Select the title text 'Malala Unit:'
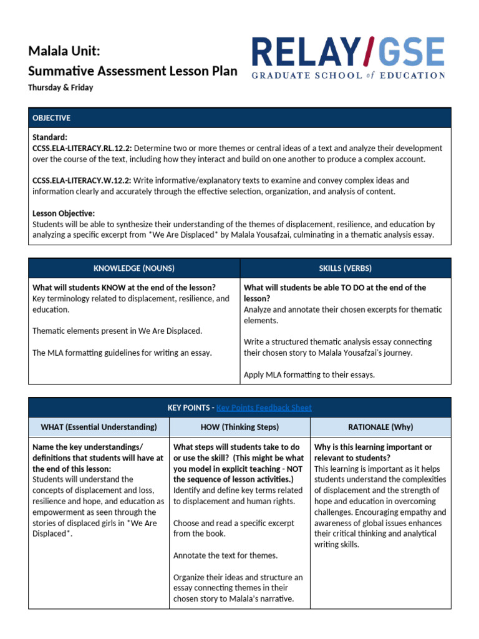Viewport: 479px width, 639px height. point(64,51)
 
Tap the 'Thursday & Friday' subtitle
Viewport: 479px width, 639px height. point(60,87)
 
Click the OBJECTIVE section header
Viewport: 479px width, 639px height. point(51,118)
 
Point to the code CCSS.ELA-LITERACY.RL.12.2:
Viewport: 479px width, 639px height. point(82,148)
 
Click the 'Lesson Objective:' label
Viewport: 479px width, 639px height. point(64,213)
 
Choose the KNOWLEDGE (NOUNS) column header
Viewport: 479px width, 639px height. point(134,268)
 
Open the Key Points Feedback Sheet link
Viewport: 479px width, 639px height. point(264,407)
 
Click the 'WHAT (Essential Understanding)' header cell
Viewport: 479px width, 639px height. point(99,427)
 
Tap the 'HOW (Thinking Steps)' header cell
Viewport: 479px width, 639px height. point(240,427)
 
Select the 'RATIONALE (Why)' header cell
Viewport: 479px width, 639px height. point(380,427)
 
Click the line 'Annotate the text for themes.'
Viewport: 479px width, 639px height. point(225,555)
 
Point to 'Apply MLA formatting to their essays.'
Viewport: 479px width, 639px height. point(309,375)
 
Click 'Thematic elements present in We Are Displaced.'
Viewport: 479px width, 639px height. point(117,331)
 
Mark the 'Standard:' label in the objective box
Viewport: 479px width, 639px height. point(50,137)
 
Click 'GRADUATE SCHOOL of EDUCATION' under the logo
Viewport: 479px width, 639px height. point(348,75)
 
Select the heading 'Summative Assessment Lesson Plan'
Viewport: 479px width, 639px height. point(132,71)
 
